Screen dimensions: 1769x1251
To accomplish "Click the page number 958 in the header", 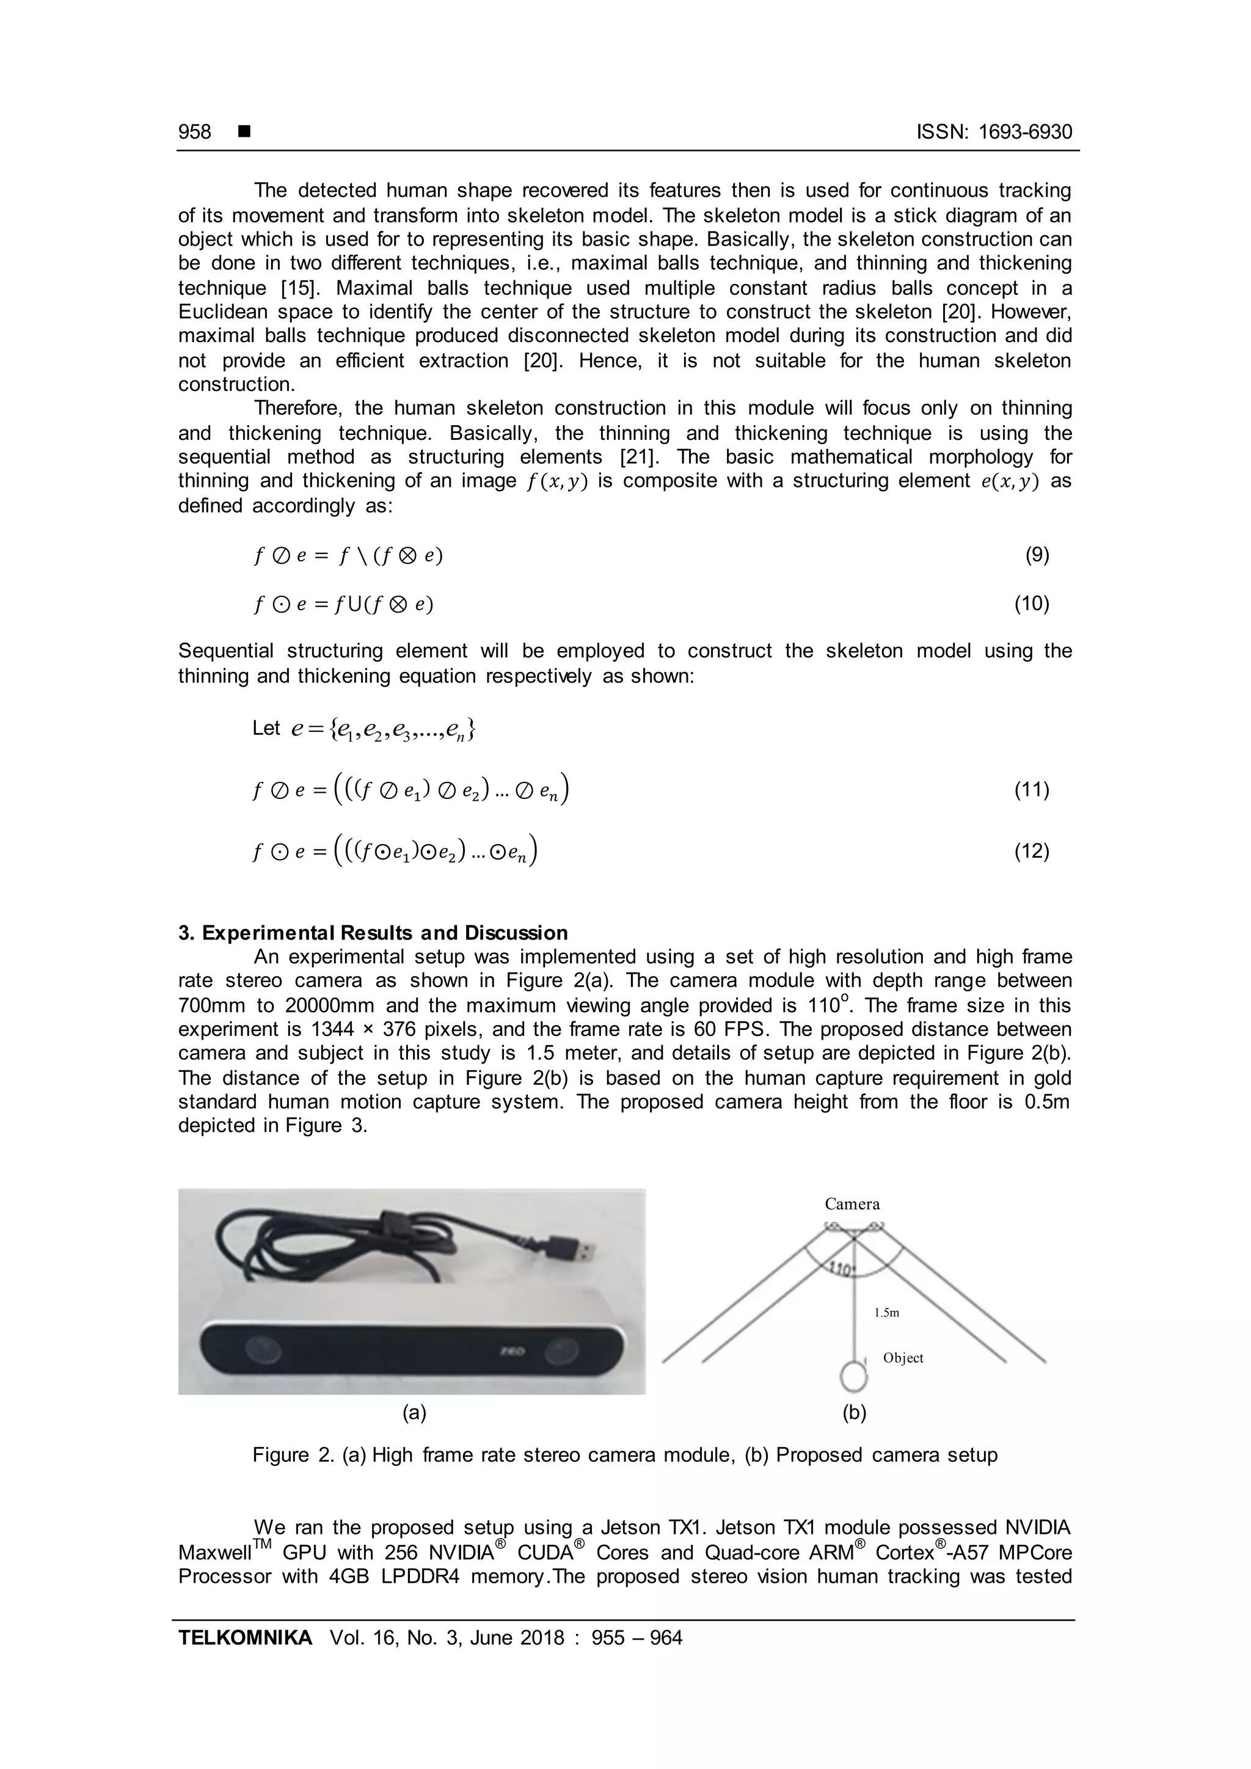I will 194,132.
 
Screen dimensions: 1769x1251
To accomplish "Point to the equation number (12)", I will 1032,851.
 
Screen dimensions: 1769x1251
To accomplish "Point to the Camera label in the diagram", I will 852,1204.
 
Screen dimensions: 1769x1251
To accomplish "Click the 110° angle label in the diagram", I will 841,1268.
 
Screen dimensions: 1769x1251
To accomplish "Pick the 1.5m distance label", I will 887,1313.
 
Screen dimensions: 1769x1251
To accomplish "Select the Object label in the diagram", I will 903,1359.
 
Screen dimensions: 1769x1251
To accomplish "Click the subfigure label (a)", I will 414,1412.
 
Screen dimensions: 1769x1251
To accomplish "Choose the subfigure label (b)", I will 855,1412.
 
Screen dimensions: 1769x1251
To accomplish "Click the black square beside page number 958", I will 245,132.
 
